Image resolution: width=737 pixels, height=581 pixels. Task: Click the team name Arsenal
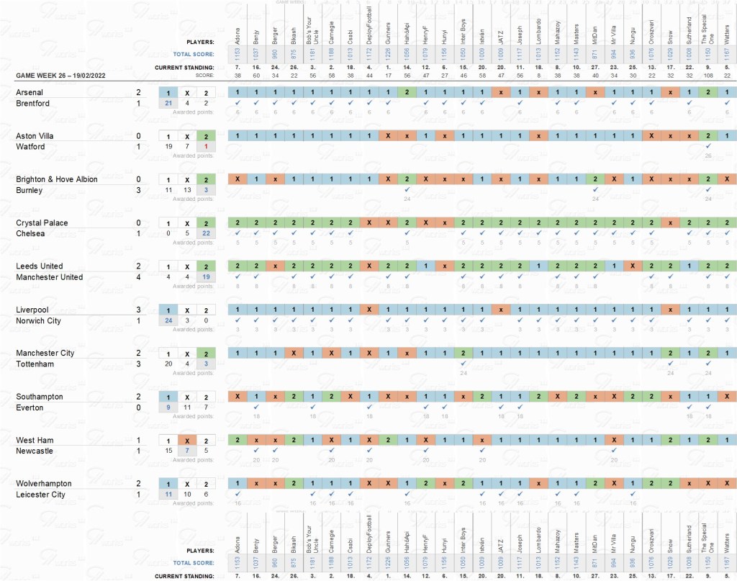click(30, 93)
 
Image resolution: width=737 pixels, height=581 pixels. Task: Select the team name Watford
click(30, 147)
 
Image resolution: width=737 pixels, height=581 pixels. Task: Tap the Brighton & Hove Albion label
click(56, 179)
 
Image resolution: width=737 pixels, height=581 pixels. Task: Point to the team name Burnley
click(29, 191)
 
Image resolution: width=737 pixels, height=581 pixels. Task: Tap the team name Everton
click(30, 408)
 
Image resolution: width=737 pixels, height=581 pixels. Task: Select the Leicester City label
click(40, 495)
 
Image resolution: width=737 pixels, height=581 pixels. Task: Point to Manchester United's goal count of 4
click(138, 277)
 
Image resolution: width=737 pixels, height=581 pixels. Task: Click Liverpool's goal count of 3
click(138, 310)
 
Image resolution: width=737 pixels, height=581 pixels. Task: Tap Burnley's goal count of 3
click(138, 191)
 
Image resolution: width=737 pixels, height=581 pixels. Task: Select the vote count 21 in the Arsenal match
click(168, 104)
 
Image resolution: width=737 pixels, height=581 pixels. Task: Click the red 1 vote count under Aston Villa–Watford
click(205, 147)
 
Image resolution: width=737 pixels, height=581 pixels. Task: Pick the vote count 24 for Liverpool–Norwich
click(168, 320)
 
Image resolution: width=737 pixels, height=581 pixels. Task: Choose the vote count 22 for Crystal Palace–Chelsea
click(205, 234)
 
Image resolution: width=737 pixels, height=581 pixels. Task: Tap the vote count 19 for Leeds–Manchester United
click(205, 277)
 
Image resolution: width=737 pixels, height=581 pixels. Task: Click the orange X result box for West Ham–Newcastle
click(186, 440)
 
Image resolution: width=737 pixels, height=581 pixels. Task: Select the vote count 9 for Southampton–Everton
click(168, 407)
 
